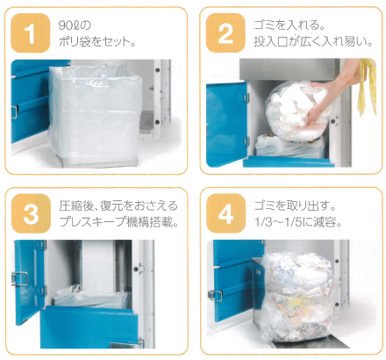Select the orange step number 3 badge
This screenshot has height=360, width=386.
[31, 213]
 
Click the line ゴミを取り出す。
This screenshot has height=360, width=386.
[289, 204]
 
